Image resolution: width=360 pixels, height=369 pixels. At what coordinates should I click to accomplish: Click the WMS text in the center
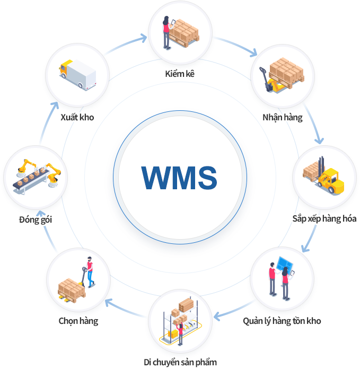(179, 177)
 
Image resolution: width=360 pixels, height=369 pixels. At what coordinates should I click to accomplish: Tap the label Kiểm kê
(180, 74)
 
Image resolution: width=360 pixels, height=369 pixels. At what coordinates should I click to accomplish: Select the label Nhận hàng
(282, 117)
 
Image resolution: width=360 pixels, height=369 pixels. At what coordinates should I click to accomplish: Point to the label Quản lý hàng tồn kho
(282, 321)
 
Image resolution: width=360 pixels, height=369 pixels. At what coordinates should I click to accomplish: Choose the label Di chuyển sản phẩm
(180, 363)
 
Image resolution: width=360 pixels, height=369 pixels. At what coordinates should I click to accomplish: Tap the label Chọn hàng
(78, 321)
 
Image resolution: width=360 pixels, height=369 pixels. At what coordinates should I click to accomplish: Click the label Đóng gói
(35, 219)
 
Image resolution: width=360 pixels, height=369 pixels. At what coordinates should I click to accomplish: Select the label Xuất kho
(77, 117)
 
